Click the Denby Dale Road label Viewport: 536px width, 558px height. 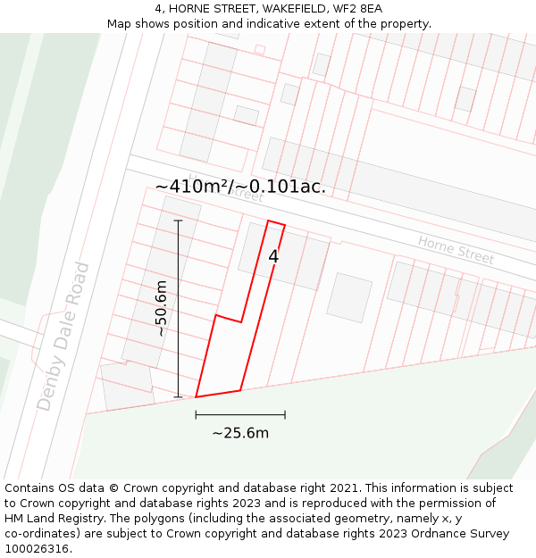pyautogui.click(x=64, y=337)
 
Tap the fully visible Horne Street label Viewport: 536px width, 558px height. pyautogui.click(x=456, y=249)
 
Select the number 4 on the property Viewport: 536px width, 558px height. pyautogui.click(x=273, y=256)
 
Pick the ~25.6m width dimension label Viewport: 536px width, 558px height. pyautogui.click(x=240, y=433)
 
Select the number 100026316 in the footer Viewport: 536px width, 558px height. pyautogui.click(x=38, y=549)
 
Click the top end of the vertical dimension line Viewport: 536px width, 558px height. pyautogui.click(x=178, y=221)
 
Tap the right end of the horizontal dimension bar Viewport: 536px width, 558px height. pyautogui.click(x=285, y=414)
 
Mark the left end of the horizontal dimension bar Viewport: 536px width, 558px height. pyautogui.click(x=196, y=414)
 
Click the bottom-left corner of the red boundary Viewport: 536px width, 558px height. pyautogui.click(x=196, y=396)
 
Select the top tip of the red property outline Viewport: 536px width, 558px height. pyautogui.click(x=269, y=221)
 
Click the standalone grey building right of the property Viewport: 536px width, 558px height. pyautogui.click(x=349, y=297)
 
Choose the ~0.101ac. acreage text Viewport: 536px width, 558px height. pyautogui.click(x=281, y=187)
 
